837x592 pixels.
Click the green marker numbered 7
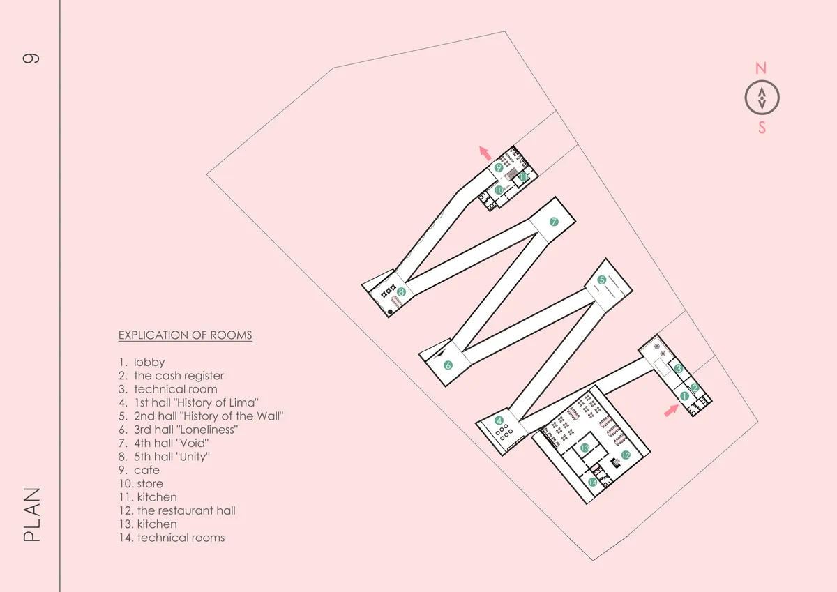(x=554, y=222)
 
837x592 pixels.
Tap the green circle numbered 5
(x=601, y=280)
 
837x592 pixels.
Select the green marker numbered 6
(x=448, y=365)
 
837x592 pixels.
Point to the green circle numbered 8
(x=401, y=291)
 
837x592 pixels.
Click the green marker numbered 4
(x=499, y=420)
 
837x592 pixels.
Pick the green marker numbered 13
(x=585, y=448)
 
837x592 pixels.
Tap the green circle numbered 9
(x=499, y=167)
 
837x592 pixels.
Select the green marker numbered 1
(x=684, y=396)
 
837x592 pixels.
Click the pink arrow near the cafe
(x=485, y=153)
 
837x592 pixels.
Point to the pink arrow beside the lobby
(x=671, y=410)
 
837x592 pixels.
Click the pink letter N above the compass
(x=761, y=68)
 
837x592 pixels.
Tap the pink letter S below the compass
(x=762, y=128)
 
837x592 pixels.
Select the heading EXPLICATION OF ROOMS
(x=186, y=335)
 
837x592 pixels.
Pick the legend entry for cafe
(x=139, y=470)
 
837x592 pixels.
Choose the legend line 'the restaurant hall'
(x=177, y=510)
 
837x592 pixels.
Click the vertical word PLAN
(x=32, y=515)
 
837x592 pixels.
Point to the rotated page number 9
(x=31, y=59)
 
